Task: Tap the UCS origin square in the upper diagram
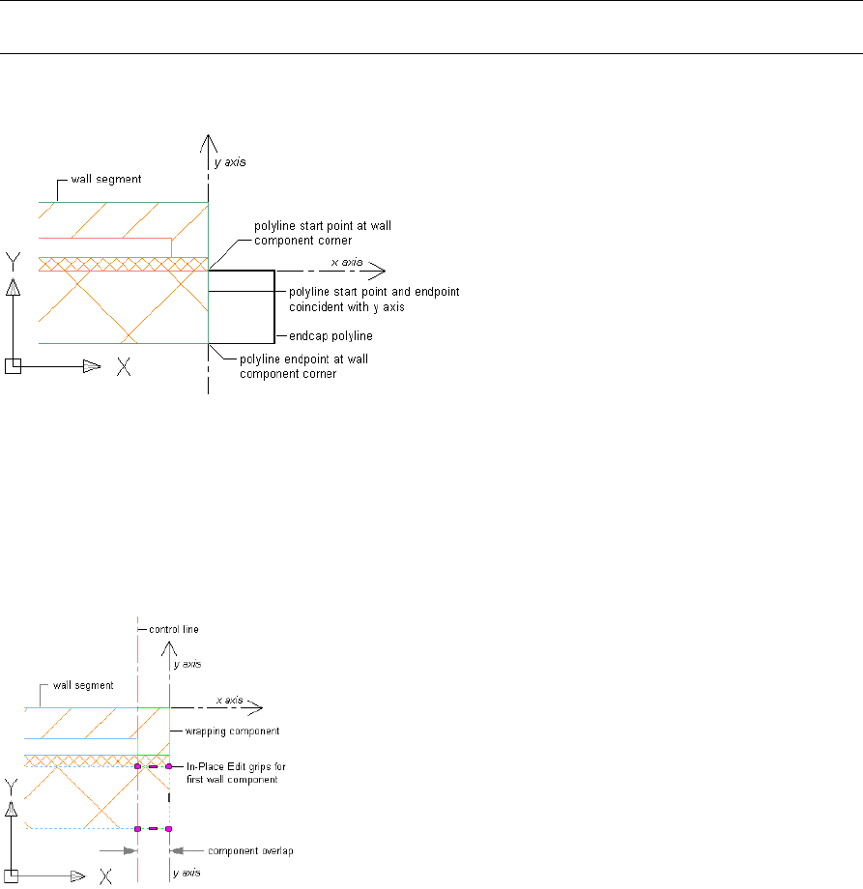[x=12, y=365]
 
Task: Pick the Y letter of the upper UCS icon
[x=13, y=260]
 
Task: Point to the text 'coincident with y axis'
[x=344, y=307]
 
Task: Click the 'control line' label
[x=173, y=629]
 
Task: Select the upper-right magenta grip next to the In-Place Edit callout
[x=168, y=766]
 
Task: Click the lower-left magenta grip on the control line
[x=138, y=828]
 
